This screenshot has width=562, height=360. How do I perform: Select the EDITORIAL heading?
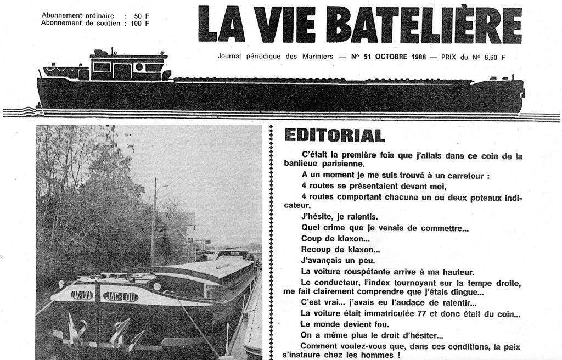(334, 135)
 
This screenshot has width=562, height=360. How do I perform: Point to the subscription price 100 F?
(140, 23)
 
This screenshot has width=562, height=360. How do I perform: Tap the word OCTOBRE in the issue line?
(384, 56)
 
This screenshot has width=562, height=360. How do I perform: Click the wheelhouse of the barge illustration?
(128, 66)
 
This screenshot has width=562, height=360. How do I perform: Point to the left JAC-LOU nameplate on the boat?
(82, 295)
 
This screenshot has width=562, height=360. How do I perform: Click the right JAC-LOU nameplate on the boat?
(120, 296)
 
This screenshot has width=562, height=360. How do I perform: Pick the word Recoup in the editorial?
(316, 249)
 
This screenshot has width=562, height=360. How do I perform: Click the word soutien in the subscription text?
(108, 23)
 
